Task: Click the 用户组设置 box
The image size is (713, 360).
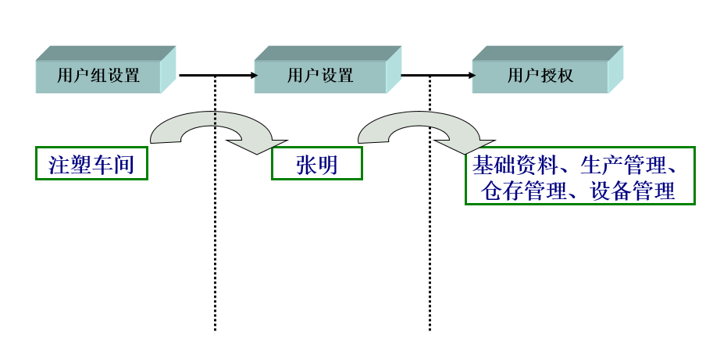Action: [98, 76]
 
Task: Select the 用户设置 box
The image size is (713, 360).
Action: [320, 76]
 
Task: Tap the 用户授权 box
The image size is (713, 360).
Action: [540, 76]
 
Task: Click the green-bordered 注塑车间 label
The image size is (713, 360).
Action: [91, 164]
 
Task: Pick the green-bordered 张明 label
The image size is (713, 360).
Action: [316, 164]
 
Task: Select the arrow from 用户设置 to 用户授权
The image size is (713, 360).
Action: [437, 75]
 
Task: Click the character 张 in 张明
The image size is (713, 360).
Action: [305, 164]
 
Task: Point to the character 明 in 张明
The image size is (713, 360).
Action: [328, 164]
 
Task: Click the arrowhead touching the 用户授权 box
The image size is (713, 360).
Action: [471, 75]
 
